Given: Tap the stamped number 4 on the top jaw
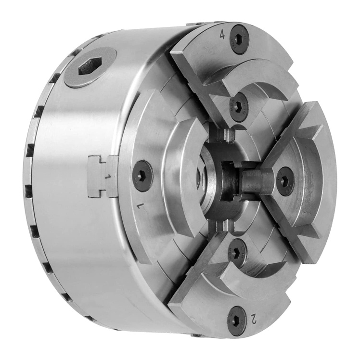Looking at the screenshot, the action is coord(222,35).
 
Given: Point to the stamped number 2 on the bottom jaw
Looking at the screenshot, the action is coord(254,319).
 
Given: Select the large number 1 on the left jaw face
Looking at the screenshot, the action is coord(141,206).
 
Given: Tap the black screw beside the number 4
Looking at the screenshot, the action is coord(239,39).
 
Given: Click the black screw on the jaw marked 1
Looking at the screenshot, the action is coord(142,176).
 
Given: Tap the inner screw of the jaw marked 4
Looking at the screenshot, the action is coord(239,107).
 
